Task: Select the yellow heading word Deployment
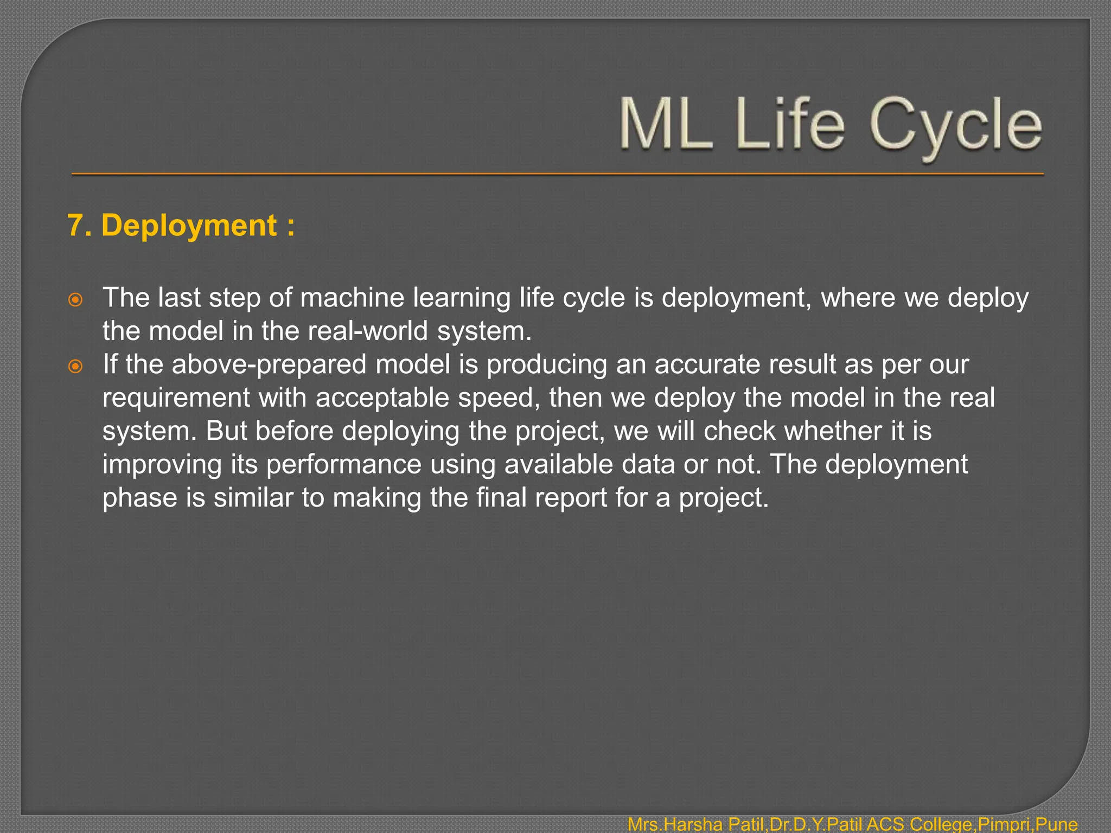tap(189, 225)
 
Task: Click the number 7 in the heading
tap(76, 225)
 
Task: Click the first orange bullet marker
tap(75, 299)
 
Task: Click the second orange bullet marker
tap(75, 367)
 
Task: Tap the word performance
tap(343, 465)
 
